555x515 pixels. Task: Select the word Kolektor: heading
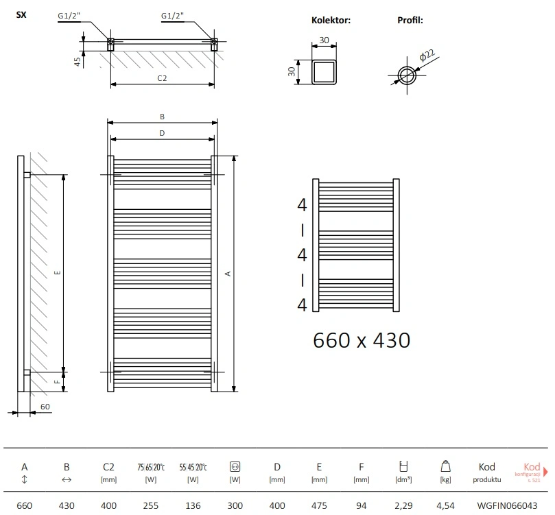point(331,21)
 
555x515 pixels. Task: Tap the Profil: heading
point(410,21)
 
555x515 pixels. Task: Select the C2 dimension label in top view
point(162,78)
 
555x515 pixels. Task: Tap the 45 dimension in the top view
point(78,61)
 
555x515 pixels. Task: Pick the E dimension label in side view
point(58,272)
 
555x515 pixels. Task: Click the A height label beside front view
point(228,273)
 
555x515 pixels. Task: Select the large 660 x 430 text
point(361,339)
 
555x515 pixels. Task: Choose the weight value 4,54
point(445,505)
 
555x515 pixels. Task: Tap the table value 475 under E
point(319,505)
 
